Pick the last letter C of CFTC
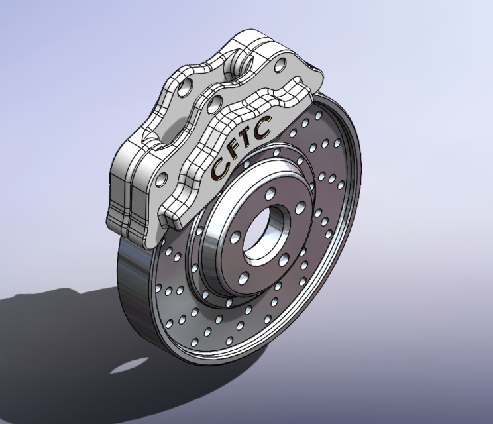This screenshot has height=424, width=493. click(x=262, y=127)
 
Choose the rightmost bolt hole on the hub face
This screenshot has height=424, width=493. click(x=303, y=209)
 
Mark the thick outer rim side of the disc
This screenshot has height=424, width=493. click(x=136, y=291)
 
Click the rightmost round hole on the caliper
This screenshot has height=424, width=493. click(x=280, y=64)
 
